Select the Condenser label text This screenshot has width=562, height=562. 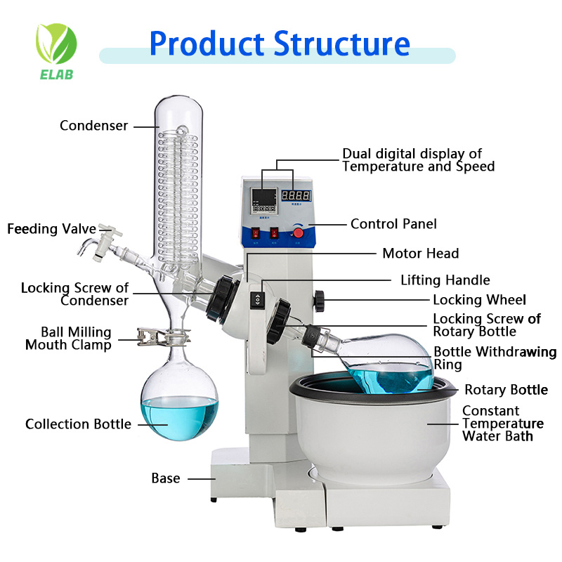pos(94,126)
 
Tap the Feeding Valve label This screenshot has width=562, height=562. pos(42,229)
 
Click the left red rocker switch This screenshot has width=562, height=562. pos(254,233)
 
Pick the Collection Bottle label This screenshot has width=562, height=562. pos(78,424)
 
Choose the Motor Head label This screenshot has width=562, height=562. pos(420,254)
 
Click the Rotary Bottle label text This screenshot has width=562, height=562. pos(506,390)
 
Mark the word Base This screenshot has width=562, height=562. pos(166,478)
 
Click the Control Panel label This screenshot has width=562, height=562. pos(393,224)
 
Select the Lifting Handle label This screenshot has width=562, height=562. pos(445,280)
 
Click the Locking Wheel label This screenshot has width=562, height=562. pos(479,300)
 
